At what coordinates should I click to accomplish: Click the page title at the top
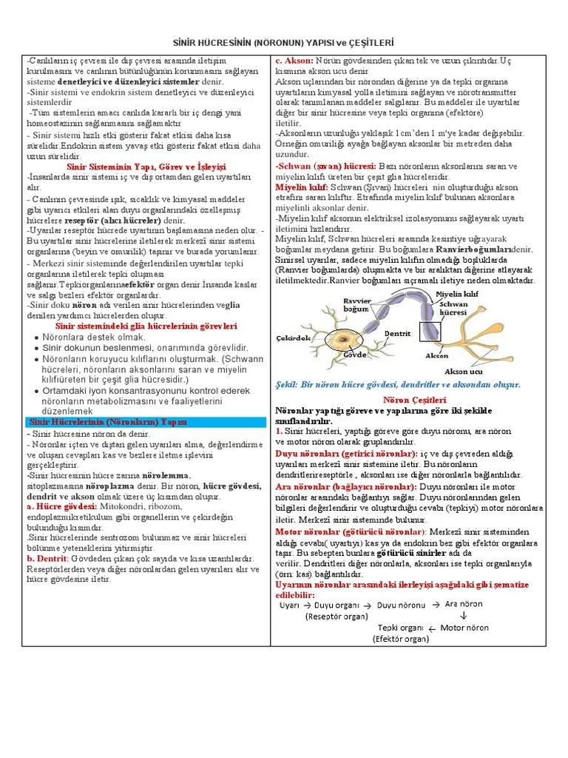point(284,44)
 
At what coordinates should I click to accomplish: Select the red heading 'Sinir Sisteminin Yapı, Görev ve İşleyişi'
point(146,167)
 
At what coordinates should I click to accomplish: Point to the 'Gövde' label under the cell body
point(355,355)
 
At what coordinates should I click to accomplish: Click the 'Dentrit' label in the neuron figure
point(397,334)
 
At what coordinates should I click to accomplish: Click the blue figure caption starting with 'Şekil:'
point(398,385)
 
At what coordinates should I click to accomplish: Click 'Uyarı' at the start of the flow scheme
point(288,605)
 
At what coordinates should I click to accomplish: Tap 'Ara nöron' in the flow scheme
point(463,604)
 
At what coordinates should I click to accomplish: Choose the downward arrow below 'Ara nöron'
point(463,616)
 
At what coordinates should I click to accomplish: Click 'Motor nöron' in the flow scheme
point(464,628)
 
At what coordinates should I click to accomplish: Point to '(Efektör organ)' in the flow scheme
point(401,639)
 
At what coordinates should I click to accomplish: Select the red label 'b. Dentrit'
point(47,558)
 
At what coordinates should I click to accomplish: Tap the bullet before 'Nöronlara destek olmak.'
point(37,338)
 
